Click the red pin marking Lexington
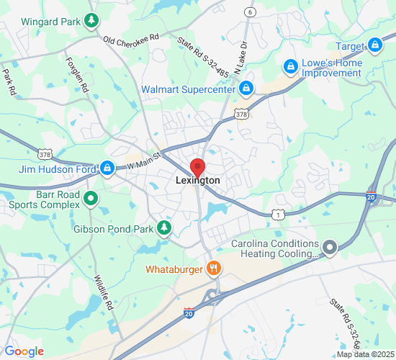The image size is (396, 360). tap(197, 163)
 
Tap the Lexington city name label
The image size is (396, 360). tap(198, 181)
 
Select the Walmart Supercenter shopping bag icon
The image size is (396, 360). tap(246, 89)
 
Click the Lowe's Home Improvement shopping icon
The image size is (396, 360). tap(290, 67)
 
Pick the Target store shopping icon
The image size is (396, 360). tap(374, 46)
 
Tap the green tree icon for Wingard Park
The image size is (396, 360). tap(91, 21)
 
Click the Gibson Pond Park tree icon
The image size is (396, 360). tap(165, 228)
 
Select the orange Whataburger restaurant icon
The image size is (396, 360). tap(213, 269)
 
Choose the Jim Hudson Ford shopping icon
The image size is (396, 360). tap(107, 168)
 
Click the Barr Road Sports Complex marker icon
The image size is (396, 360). tap(91, 199)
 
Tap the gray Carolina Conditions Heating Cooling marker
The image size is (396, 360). tap(330, 248)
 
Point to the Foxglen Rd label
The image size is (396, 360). tap(77, 74)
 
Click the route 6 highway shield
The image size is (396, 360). tap(249, 12)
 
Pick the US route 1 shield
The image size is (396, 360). tap(279, 215)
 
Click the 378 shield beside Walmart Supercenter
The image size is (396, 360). tap(242, 114)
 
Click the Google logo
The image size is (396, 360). tap(24, 351)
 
